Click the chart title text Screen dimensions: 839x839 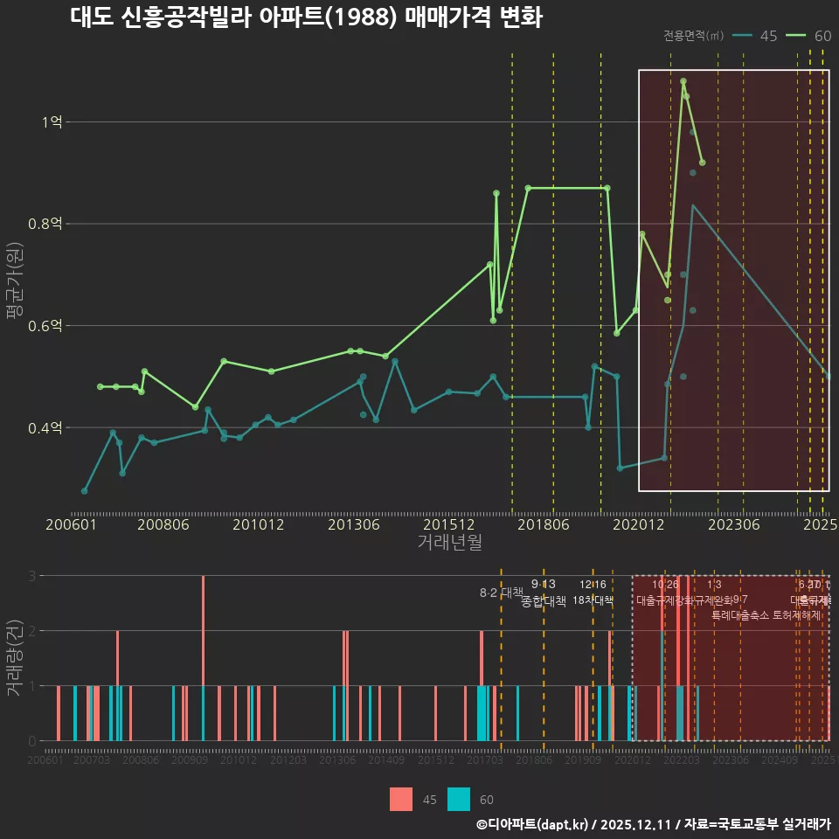[306, 18]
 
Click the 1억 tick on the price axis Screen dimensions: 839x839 [52, 122]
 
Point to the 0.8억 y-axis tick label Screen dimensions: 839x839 [45, 224]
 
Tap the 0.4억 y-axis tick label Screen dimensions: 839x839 [45, 428]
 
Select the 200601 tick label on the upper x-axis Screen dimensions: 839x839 [71, 525]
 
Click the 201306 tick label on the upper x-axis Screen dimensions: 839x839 [353, 525]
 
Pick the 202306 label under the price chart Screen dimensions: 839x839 [732, 525]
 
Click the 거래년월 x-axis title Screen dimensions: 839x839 [449, 542]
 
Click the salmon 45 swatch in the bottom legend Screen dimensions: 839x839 [401, 799]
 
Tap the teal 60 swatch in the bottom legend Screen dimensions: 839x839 [458, 799]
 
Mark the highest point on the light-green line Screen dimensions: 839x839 [683, 81]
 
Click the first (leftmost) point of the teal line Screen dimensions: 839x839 [84, 491]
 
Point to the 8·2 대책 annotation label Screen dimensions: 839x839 [501, 593]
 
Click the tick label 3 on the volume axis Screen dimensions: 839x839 [31, 576]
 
